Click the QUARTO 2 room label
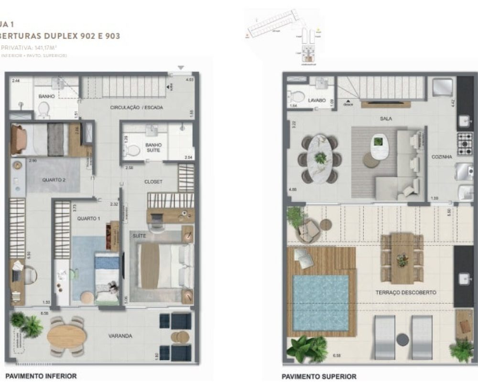click(x=54, y=180)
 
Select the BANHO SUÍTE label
click(x=153, y=148)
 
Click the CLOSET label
click(x=153, y=182)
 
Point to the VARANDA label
click(x=120, y=336)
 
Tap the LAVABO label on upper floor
click(x=316, y=101)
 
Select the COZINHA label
click(x=441, y=157)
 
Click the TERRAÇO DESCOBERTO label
click(x=413, y=292)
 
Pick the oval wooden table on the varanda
click(x=67, y=336)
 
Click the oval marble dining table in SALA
click(x=320, y=159)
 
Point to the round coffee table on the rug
click(x=371, y=161)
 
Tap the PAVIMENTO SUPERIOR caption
click(x=319, y=377)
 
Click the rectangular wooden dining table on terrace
click(x=402, y=258)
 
